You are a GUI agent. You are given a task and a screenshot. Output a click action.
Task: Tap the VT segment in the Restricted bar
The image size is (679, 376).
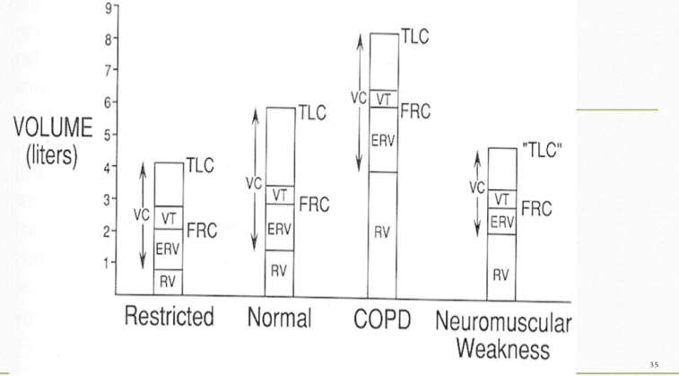[x=169, y=215]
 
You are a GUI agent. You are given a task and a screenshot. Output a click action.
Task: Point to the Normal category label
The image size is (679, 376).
[x=278, y=317]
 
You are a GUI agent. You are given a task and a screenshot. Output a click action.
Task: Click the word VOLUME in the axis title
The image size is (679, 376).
[x=51, y=127]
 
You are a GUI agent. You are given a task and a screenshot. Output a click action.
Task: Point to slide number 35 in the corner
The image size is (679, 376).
[x=654, y=364]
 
